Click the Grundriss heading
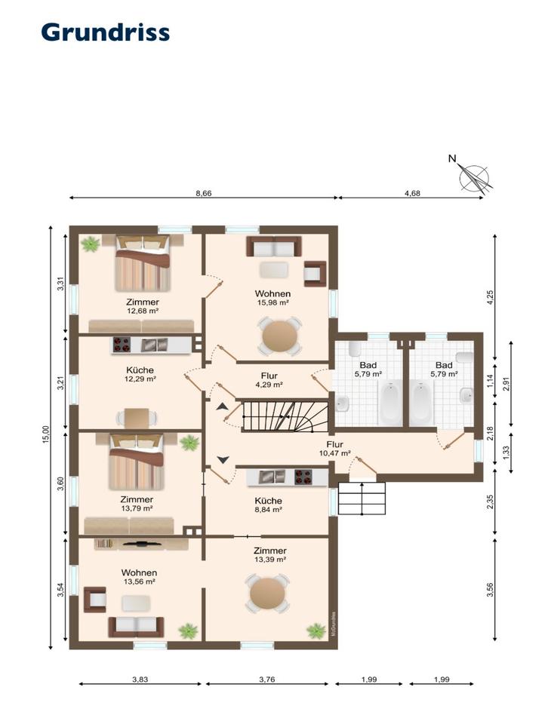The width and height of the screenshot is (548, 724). [106, 32]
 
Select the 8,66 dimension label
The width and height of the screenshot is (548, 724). [203, 194]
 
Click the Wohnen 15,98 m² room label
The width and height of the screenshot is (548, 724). [272, 298]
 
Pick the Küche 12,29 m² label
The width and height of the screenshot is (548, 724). [140, 374]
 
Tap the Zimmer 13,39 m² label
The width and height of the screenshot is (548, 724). [269, 554]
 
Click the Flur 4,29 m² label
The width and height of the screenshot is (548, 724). [269, 380]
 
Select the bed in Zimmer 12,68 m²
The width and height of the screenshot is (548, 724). [143, 263]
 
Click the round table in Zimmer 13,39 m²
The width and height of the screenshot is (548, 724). [267, 594]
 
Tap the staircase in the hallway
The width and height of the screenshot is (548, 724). [285, 416]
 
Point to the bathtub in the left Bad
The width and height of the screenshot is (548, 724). [390, 403]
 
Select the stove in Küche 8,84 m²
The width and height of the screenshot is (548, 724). [303, 477]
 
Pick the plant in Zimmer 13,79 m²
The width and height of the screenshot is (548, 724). [189, 443]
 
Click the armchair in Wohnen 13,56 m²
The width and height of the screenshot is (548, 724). [95, 600]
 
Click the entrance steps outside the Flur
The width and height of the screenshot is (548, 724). [362, 499]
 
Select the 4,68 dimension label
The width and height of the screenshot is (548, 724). [412, 194]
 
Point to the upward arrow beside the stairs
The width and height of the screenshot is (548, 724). [222, 406]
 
